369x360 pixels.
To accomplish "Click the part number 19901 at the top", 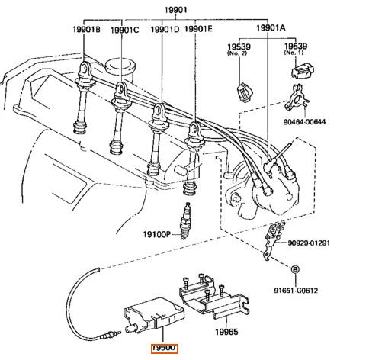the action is tap(175, 10).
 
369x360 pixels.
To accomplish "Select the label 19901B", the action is tap(86, 30).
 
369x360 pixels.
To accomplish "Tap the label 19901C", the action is tap(125, 31).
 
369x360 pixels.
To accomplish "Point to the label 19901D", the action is tap(165, 30).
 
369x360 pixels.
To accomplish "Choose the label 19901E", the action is tap(198, 29).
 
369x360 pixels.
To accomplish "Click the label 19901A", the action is tap(271, 27).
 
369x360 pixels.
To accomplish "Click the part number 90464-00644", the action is tap(304, 121).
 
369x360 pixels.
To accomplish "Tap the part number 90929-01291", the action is tap(309, 243).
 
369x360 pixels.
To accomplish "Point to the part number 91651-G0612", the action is tap(296, 291).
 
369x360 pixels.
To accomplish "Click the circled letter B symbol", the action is tap(295, 269).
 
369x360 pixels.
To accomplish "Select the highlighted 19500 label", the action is tap(165, 349).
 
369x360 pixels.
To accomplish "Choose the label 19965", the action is tap(226, 332).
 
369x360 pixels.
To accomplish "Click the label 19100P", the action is tap(156, 234).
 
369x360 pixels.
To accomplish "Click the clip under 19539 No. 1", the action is tap(303, 71).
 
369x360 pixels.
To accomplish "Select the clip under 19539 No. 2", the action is tap(245, 92).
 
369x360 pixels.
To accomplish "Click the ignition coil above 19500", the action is tap(154, 315).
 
